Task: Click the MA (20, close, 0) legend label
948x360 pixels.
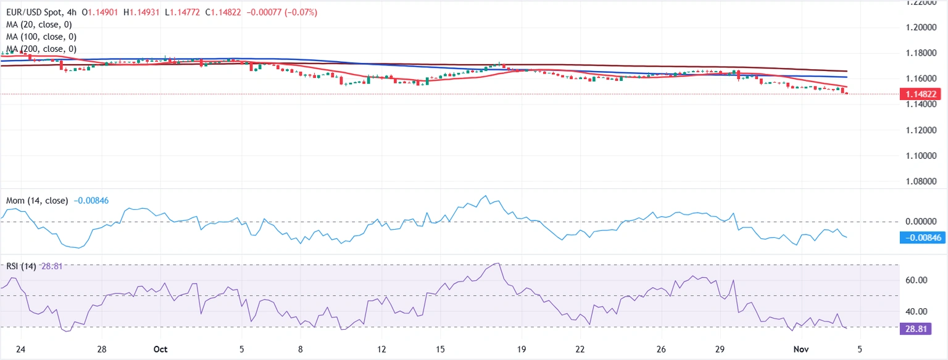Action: tap(39, 25)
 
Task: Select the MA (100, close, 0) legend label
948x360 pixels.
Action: tap(41, 36)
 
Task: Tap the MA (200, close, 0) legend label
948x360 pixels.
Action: tap(41, 48)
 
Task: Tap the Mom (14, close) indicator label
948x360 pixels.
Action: tap(37, 201)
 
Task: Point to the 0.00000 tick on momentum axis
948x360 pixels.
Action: tap(924, 221)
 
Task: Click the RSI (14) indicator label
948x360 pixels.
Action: tap(22, 266)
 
